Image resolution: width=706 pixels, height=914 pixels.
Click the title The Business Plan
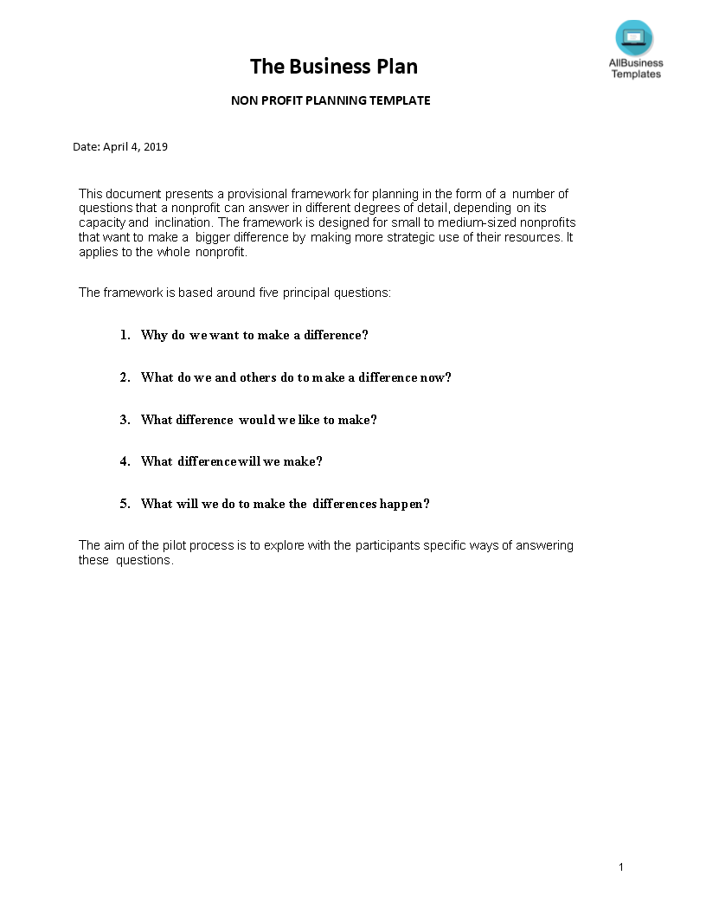tap(334, 67)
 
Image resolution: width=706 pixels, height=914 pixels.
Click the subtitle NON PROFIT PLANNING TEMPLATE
tap(331, 100)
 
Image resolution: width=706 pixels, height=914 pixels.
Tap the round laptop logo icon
tap(634, 38)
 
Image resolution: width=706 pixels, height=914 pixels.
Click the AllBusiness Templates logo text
tap(636, 68)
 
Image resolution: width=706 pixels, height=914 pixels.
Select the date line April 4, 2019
tap(120, 147)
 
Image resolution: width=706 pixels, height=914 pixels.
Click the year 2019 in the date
tap(156, 147)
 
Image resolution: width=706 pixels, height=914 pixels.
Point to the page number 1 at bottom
tap(621, 867)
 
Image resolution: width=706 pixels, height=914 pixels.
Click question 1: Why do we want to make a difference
tap(254, 335)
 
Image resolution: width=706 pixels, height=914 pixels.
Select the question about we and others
tap(296, 377)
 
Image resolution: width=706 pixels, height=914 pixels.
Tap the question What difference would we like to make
tap(259, 420)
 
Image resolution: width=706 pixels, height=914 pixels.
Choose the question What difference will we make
tap(231, 461)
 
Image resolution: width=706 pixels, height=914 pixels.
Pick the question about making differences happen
tap(285, 504)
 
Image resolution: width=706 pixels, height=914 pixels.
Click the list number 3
tap(125, 420)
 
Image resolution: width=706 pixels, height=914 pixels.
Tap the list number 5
tap(125, 504)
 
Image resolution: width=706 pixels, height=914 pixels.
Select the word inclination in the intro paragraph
tap(183, 222)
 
